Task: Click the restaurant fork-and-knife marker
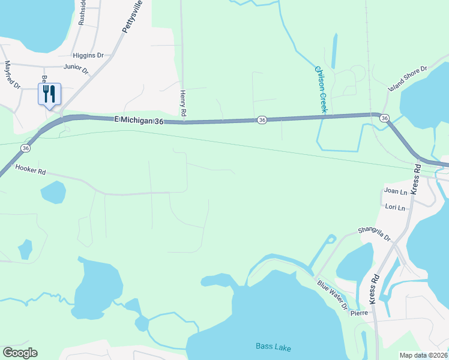tap(49, 94)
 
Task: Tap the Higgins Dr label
tap(88, 55)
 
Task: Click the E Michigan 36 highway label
tap(139, 121)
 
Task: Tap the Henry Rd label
tap(183, 103)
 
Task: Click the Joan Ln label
tap(395, 191)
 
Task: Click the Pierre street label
tap(359, 313)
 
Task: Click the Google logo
tap(20, 353)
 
